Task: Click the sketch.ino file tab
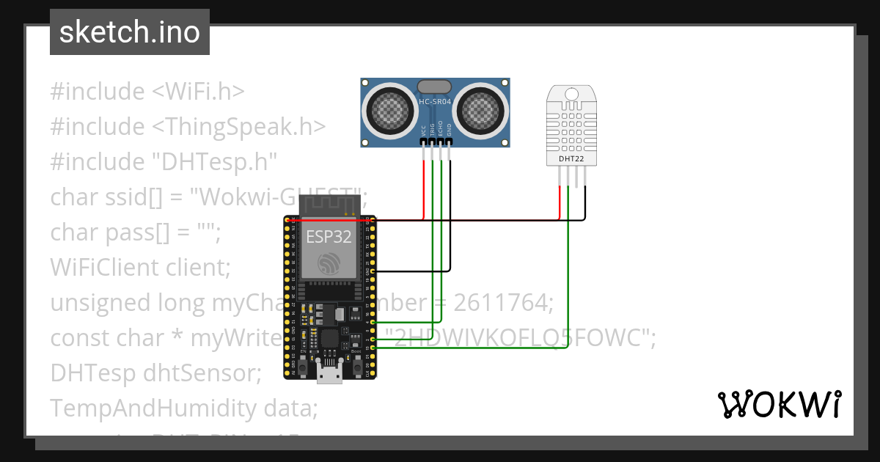[129, 32]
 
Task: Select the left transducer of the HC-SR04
[389, 109]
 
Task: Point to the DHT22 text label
[571, 158]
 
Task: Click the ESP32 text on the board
[328, 236]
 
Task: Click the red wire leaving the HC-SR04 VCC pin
[423, 187]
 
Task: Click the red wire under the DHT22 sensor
[560, 202]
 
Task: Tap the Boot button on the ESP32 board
[357, 359]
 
